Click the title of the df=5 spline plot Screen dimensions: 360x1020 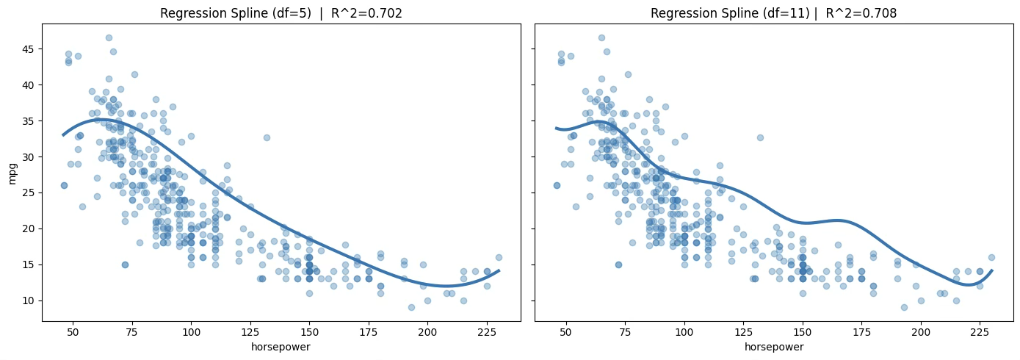click(x=281, y=13)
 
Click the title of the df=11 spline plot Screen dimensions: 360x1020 click(x=773, y=13)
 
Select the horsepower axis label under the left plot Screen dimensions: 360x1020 click(x=281, y=347)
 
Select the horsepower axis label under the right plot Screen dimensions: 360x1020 click(x=773, y=347)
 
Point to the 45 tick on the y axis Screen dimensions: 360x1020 click(x=28, y=49)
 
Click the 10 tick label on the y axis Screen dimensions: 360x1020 click(x=28, y=300)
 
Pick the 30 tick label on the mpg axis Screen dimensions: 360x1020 click(x=28, y=156)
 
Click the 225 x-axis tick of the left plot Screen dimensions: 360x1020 click(x=487, y=332)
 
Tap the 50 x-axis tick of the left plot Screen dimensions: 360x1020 click(x=73, y=332)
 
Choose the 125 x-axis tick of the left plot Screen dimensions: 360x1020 click(x=250, y=332)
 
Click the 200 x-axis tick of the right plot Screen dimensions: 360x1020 click(x=921, y=332)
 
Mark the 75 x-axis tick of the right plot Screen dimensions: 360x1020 click(x=625, y=332)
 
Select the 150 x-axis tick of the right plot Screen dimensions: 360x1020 click(x=803, y=332)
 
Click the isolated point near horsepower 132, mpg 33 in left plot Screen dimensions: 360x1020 click(x=267, y=137)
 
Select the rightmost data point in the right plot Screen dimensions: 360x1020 click(x=991, y=257)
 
